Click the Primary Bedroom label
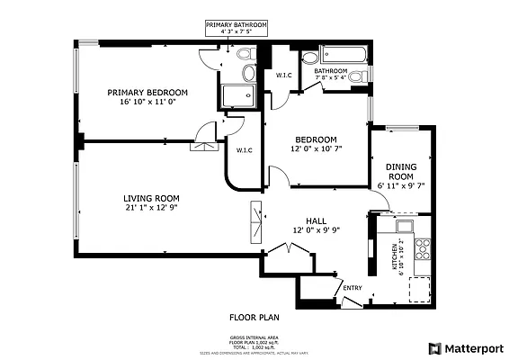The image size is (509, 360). click(147, 92)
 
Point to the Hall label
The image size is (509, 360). click(316, 220)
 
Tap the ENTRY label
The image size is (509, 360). click(352, 288)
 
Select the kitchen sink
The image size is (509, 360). click(405, 225)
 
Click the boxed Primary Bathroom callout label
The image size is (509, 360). click(237, 28)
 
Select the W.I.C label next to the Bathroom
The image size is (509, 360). click(282, 76)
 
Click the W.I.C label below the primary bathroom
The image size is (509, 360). click(244, 150)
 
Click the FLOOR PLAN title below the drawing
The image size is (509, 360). click(254, 317)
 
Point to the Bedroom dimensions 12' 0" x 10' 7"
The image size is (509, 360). click(317, 149)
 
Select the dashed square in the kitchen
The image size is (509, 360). click(421, 288)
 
